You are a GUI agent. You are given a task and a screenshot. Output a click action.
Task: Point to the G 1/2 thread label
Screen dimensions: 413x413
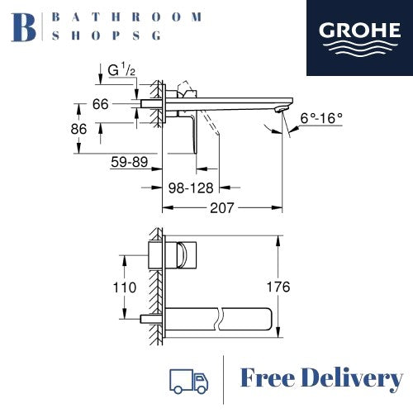[121, 71]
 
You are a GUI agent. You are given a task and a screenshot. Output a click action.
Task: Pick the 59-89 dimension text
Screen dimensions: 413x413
[130, 163]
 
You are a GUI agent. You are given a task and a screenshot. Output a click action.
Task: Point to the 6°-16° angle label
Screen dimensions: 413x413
[323, 118]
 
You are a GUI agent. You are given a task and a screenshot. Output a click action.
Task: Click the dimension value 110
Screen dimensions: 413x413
[102, 287]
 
